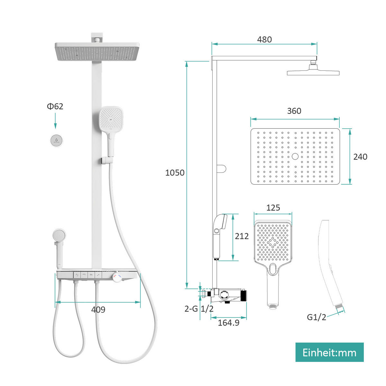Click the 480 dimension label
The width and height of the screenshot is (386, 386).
click(x=264, y=40)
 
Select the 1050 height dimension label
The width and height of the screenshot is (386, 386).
click(x=175, y=173)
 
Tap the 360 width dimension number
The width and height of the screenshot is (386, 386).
click(x=294, y=111)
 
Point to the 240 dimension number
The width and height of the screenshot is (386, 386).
click(x=360, y=157)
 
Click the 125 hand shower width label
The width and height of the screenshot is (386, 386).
click(x=273, y=208)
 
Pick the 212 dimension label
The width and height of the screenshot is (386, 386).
click(x=242, y=236)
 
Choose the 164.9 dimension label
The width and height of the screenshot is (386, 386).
click(x=228, y=323)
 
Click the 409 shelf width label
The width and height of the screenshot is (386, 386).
click(x=98, y=309)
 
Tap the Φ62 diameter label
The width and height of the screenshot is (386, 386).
click(x=55, y=106)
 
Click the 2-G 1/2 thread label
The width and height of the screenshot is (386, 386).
click(x=199, y=309)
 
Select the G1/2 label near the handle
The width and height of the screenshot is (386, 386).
click(x=317, y=317)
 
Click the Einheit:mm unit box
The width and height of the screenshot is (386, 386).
click(x=329, y=352)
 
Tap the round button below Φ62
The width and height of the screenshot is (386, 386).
click(x=57, y=140)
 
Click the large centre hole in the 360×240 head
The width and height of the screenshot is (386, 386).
click(x=295, y=156)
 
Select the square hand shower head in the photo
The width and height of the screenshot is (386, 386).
click(x=111, y=119)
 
